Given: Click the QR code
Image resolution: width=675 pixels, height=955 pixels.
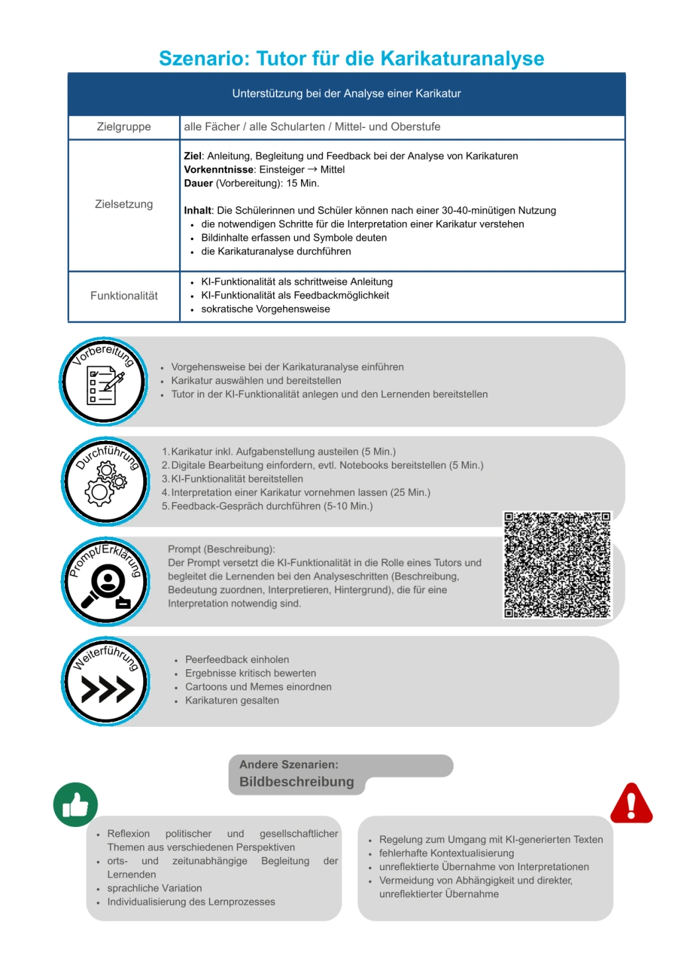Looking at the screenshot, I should pyautogui.click(x=557, y=564).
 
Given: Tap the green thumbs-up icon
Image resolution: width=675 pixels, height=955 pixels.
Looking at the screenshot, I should pyautogui.click(x=76, y=804).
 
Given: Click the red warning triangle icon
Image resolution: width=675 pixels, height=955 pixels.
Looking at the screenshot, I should pyautogui.click(x=631, y=803).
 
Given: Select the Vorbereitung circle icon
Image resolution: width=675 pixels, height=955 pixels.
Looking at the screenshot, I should pyautogui.click(x=103, y=382).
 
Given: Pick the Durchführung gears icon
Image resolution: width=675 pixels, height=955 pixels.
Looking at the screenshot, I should pyautogui.click(x=105, y=482).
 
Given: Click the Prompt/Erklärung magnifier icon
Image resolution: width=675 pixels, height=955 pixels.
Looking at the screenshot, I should pyautogui.click(x=106, y=582).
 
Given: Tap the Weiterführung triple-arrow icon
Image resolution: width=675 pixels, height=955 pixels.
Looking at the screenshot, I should pyautogui.click(x=106, y=682).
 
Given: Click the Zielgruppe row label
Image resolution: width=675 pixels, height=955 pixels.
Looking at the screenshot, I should pyautogui.click(x=124, y=127).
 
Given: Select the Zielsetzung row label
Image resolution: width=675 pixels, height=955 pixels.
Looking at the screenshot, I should pyautogui.click(x=124, y=204).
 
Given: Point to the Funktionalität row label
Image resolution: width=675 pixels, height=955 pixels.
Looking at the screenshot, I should pyautogui.click(x=124, y=296).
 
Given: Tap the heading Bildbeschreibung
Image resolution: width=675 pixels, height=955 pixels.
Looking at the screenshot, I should pyautogui.click(x=296, y=782).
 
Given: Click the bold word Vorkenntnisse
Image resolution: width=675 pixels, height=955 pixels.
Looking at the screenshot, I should pyautogui.click(x=219, y=170).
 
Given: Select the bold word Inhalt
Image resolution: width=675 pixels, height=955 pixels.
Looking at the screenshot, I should pyautogui.click(x=198, y=210).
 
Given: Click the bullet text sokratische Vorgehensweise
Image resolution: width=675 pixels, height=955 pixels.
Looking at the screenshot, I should pyautogui.click(x=265, y=309).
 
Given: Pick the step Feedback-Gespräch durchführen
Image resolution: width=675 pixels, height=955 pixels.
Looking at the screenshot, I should pyautogui.click(x=272, y=506).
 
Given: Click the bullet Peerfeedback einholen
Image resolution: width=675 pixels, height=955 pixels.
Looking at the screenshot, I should pyautogui.click(x=237, y=659).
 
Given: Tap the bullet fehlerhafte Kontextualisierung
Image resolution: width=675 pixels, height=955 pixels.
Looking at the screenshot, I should pyautogui.click(x=446, y=853).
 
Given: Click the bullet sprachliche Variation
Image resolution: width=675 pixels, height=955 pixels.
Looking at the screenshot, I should pyautogui.click(x=154, y=888).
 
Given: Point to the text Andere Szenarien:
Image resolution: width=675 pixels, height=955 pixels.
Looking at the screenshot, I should pyautogui.click(x=288, y=765).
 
